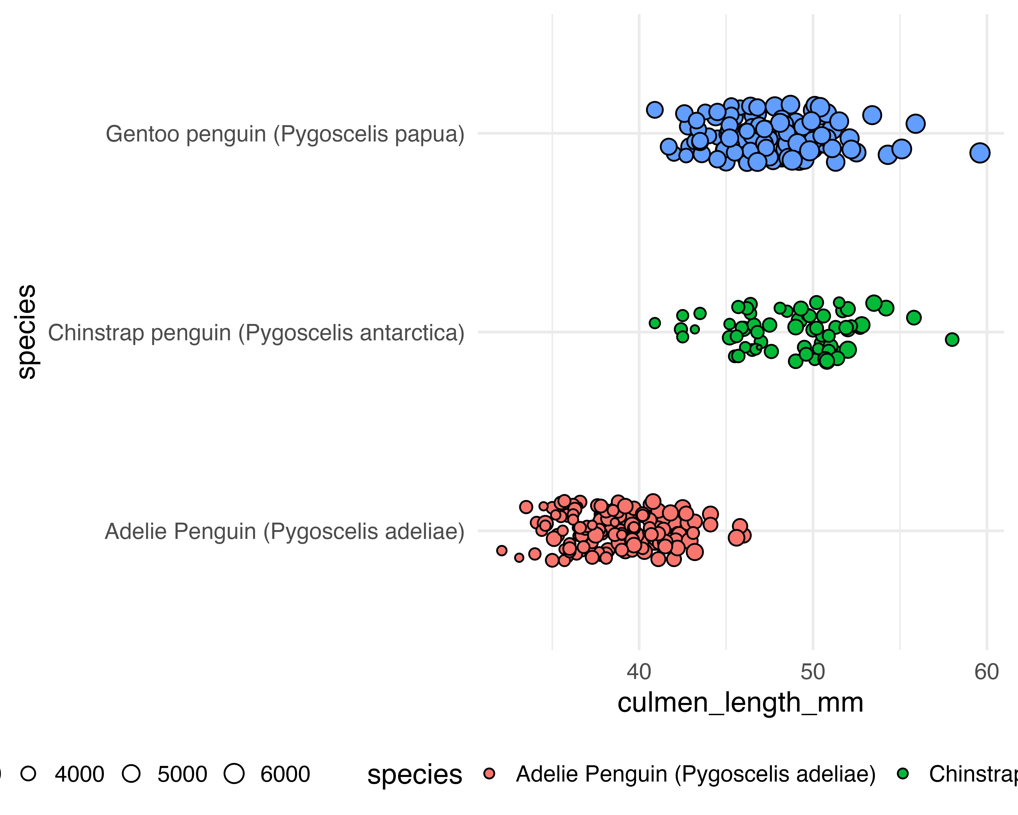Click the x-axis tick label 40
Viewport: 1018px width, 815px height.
click(x=639, y=672)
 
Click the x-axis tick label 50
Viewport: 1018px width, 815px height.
click(x=813, y=672)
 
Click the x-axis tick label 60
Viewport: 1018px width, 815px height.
click(x=986, y=672)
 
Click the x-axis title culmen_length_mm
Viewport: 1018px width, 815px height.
click(x=740, y=703)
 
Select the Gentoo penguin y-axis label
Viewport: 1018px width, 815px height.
click(x=285, y=134)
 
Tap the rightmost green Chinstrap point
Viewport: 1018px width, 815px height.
click(x=952, y=339)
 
